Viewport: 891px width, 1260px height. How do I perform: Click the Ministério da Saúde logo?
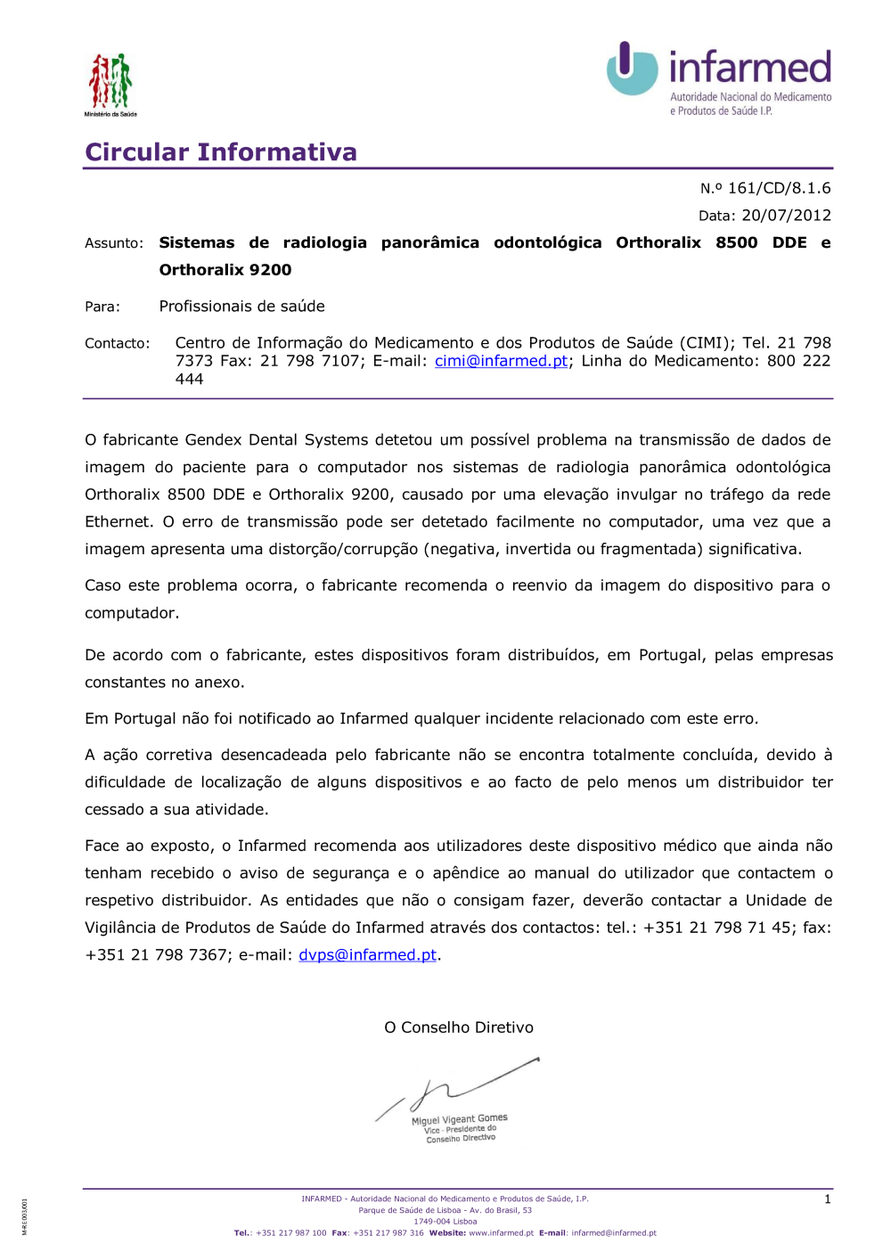(110, 83)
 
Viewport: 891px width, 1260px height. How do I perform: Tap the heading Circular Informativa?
(221, 152)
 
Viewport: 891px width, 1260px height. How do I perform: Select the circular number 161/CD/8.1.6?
(779, 188)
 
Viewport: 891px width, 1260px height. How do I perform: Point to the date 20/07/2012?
(786, 216)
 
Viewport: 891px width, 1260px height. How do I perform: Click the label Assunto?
(114, 243)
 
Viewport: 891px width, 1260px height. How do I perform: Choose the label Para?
(102, 307)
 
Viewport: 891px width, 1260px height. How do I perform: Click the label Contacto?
(118, 343)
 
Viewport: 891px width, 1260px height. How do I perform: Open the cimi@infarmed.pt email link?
(501, 361)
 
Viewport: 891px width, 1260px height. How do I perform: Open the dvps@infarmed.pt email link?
(367, 955)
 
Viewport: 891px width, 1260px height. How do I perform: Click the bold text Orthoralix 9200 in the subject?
(225, 270)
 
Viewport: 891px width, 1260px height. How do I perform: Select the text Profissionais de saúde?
(241, 307)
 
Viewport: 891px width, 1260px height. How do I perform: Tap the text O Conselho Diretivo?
(459, 1027)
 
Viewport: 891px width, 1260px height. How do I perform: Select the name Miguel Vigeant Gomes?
(460, 1119)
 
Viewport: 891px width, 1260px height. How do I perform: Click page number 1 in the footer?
(827, 1199)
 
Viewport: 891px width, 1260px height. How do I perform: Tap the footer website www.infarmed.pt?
(501, 1233)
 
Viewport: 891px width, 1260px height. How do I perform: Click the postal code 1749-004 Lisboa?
(445, 1222)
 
